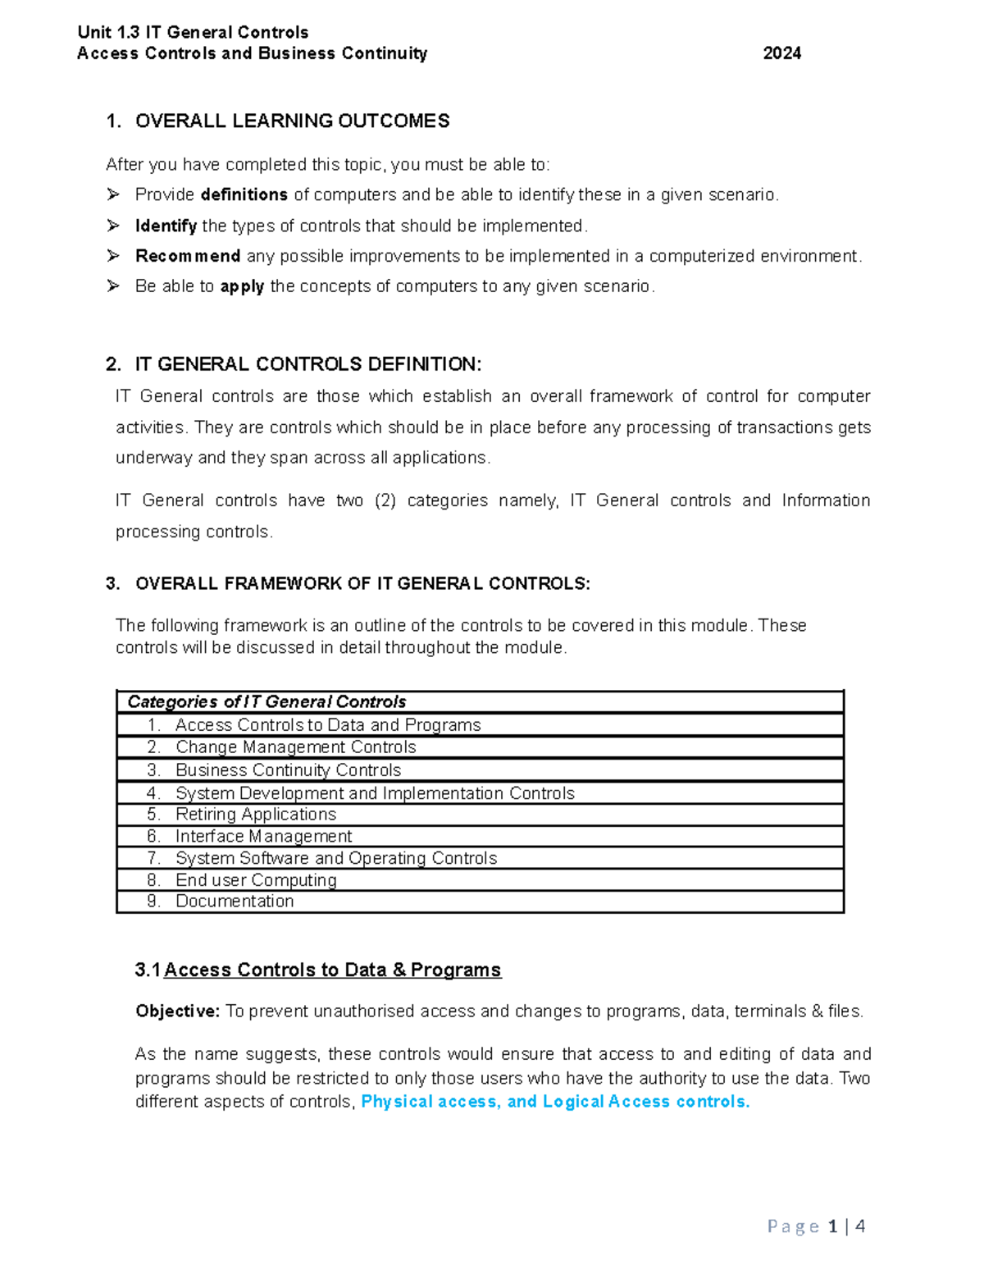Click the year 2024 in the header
tap(781, 54)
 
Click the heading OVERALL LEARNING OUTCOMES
tap(292, 121)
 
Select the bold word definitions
tap(244, 195)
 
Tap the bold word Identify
tap(166, 226)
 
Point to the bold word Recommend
tap(187, 257)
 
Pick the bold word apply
tap(242, 287)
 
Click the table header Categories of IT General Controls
tap(266, 702)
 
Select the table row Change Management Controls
tap(295, 747)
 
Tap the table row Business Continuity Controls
tap(288, 770)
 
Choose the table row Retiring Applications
tap(255, 815)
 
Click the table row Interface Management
tap(263, 837)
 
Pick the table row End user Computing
tap(256, 880)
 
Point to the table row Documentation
tap(235, 902)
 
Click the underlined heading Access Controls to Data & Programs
tap(332, 970)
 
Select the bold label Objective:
tap(177, 1011)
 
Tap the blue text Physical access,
tap(430, 1102)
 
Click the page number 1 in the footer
tap(832, 1227)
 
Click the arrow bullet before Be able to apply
tap(113, 286)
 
